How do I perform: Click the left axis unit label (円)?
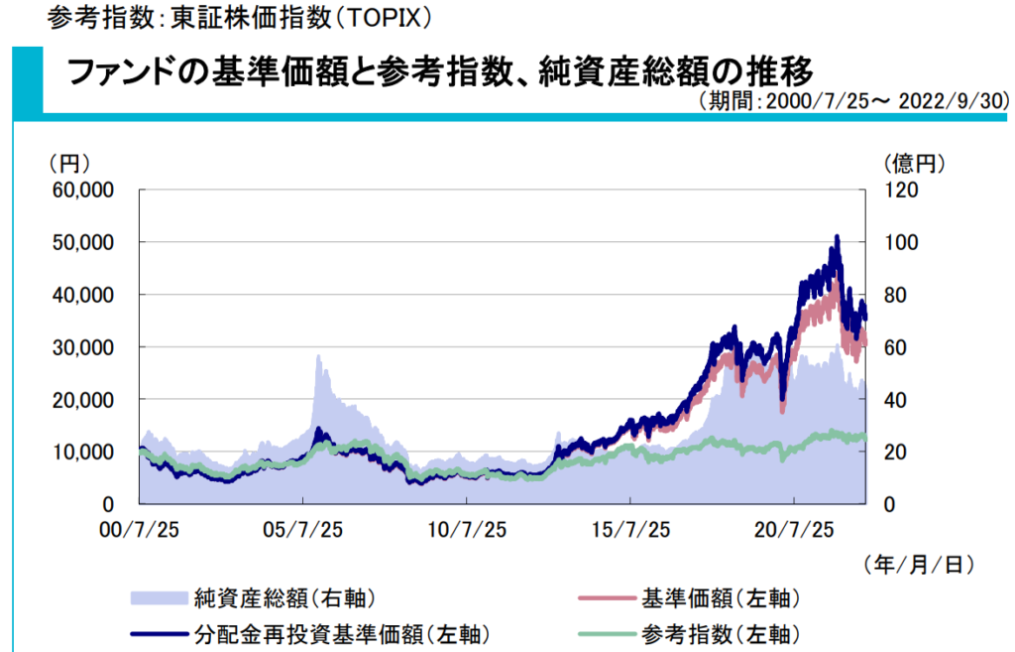(68, 162)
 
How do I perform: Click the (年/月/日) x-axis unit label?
(918, 564)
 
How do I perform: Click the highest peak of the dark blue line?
(838, 237)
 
